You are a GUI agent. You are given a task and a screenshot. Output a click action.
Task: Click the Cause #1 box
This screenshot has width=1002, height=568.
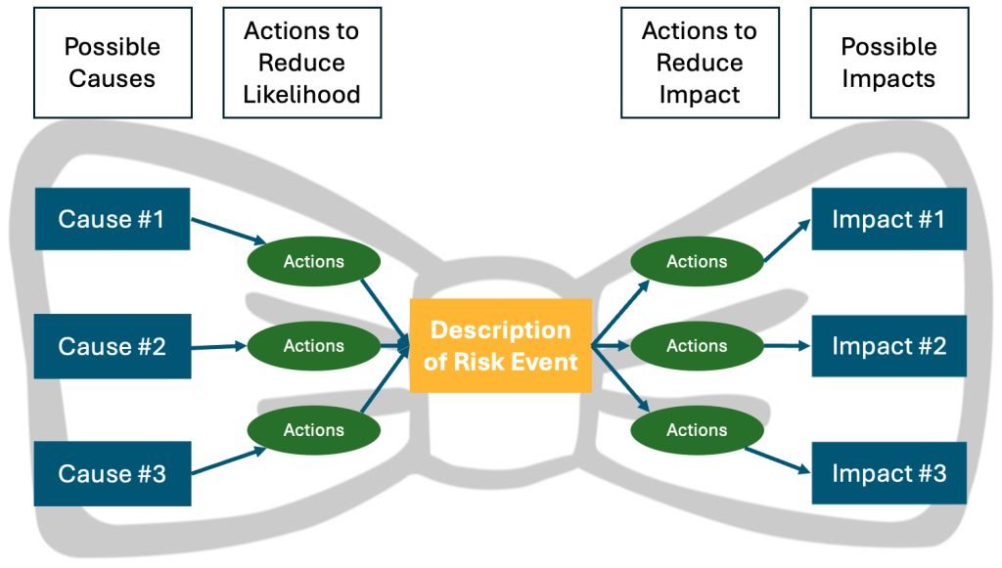(112, 219)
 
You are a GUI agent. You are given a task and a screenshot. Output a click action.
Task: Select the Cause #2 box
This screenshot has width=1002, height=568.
(112, 346)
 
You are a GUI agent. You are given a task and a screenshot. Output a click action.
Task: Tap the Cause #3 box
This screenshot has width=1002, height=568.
(112, 474)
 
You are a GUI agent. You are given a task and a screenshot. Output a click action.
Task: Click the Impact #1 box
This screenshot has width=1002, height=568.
(888, 219)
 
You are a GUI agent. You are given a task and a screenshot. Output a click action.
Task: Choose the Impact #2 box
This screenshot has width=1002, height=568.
(888, 346)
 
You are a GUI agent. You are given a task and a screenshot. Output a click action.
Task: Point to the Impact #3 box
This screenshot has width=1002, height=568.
(888, 474)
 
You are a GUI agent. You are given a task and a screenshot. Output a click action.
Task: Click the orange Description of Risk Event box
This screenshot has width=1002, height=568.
(501, 345)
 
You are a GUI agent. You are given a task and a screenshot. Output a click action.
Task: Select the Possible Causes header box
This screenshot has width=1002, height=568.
(113, 63)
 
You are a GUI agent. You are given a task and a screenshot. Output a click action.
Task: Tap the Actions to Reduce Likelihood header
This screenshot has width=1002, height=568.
(301, 63)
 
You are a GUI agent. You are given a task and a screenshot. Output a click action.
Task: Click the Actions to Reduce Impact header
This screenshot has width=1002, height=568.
(700, 63)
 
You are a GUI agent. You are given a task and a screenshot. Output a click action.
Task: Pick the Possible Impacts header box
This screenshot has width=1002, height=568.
(888, 63)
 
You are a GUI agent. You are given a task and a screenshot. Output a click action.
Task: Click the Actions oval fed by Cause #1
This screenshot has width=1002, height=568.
(313, 262)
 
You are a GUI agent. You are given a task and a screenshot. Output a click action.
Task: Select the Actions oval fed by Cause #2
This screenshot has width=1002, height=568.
(313, 346)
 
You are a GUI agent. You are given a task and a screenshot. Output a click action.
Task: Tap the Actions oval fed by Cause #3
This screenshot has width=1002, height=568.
(313, 430)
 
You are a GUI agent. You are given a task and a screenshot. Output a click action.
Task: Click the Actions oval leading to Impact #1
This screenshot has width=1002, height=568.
(697, 262)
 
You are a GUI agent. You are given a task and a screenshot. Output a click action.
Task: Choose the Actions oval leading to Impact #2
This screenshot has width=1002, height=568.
(697, 346)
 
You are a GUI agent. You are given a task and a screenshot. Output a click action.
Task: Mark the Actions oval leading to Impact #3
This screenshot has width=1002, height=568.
(697, 430)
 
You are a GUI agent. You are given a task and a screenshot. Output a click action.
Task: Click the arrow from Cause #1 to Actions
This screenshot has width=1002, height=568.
(228, 231)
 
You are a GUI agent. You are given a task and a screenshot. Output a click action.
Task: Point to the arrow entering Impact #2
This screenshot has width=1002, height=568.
(787, 345)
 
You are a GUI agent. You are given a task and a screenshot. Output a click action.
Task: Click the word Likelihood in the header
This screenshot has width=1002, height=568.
(301, 95)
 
